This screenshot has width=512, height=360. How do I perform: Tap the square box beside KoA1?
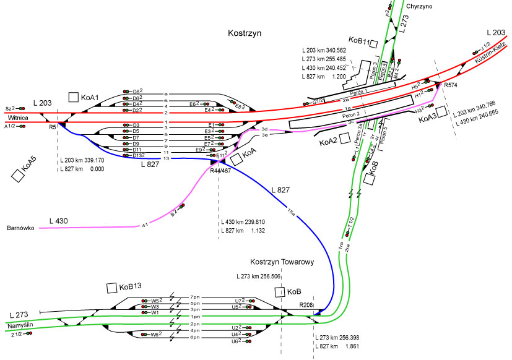(74, 97)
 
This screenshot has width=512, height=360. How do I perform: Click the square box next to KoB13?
(111, 288)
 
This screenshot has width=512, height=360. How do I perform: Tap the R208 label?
(306, 305)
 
